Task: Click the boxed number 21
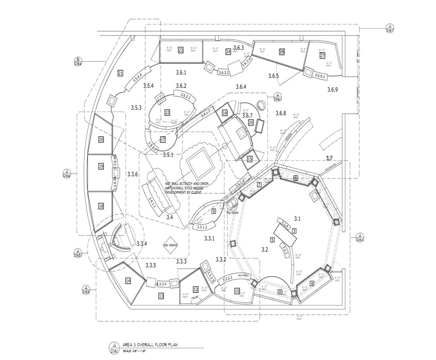coord(120,73)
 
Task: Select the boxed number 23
coord(181,50)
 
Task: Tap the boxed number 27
coord(322,55)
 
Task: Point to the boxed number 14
coord(128,281)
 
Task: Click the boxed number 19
coord(101,166)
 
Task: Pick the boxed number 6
coord(295,178)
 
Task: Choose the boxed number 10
coord(237,291)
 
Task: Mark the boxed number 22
coord(167,112)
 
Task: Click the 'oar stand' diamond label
coord(170,245)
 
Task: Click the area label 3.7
coord(329,158)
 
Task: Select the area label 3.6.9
coord(332,89)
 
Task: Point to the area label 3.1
coord(297,219)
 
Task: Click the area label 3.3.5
coord(151,265)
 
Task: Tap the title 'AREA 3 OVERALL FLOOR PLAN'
coord(147,345)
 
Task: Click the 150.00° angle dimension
coord(195,298)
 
